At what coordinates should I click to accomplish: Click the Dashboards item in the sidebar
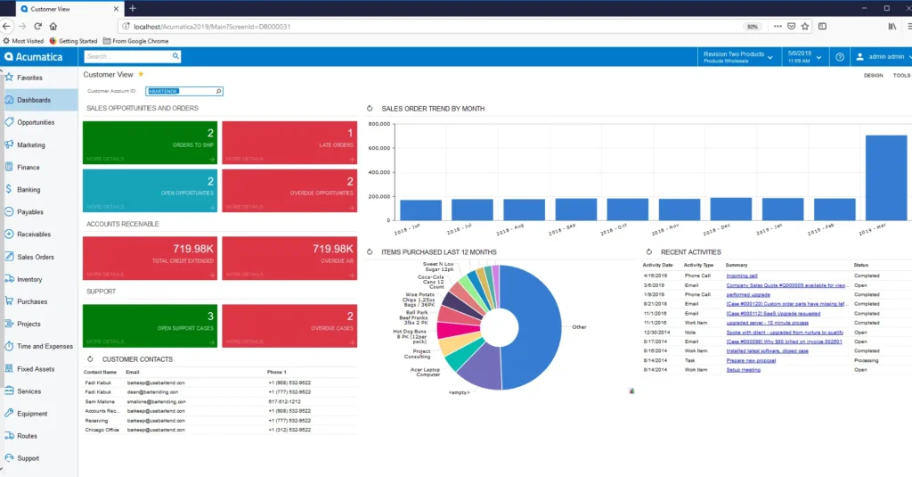click(34, 100)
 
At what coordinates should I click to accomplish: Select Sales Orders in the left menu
click(36, 257)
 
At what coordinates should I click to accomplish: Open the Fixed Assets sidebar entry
click(36, 368)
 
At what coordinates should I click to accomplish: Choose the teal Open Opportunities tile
click(150, 190)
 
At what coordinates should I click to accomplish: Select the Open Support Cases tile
click(150, 325)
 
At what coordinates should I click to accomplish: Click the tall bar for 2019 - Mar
click(885, 177)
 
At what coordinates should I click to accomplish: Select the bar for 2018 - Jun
click(420, 210)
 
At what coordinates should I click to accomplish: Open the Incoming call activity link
click(742, 276)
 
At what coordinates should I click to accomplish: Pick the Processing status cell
click(867, 359)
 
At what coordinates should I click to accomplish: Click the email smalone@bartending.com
click(156, 401)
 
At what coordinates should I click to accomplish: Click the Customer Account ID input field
click(183, 91)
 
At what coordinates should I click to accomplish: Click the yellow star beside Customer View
click(141, 74)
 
